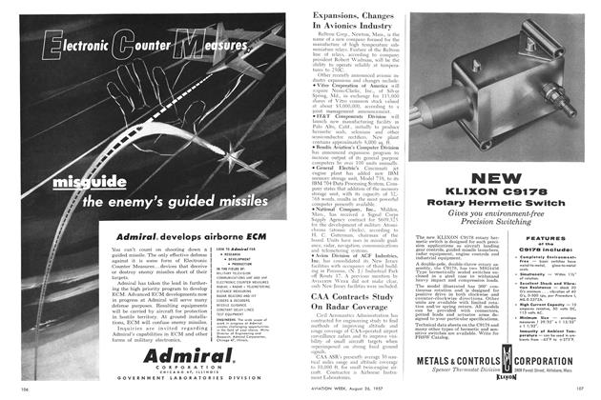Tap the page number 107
point(586,389)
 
